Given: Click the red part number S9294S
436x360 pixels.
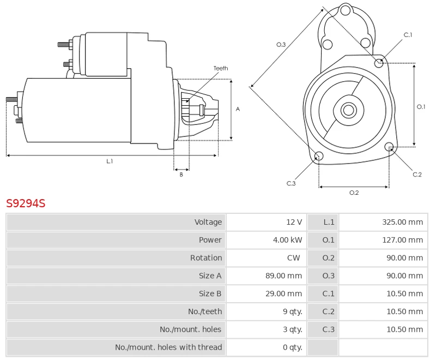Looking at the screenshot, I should (26, 203).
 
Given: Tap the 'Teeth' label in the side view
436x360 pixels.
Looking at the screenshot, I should (221, 68).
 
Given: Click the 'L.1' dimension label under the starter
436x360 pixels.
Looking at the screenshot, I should (110, 161).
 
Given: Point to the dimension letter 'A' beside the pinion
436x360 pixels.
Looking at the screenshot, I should (238, 109).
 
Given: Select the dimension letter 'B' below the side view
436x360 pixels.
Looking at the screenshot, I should (181, 175).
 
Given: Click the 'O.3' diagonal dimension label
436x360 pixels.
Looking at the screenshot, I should (281, 45).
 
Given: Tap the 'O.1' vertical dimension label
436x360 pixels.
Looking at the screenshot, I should (421, 107).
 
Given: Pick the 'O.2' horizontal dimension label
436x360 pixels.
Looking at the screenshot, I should (354, 193).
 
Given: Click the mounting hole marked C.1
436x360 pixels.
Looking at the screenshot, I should (379, 63).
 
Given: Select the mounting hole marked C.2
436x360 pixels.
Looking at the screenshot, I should (389, 147).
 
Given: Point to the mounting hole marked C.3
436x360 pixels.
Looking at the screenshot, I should (319, 157).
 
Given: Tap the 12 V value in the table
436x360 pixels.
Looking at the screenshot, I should (294, 222).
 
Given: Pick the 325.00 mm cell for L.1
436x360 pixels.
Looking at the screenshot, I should (402, 222).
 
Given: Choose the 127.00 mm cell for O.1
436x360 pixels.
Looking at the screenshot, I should (402, 240).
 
